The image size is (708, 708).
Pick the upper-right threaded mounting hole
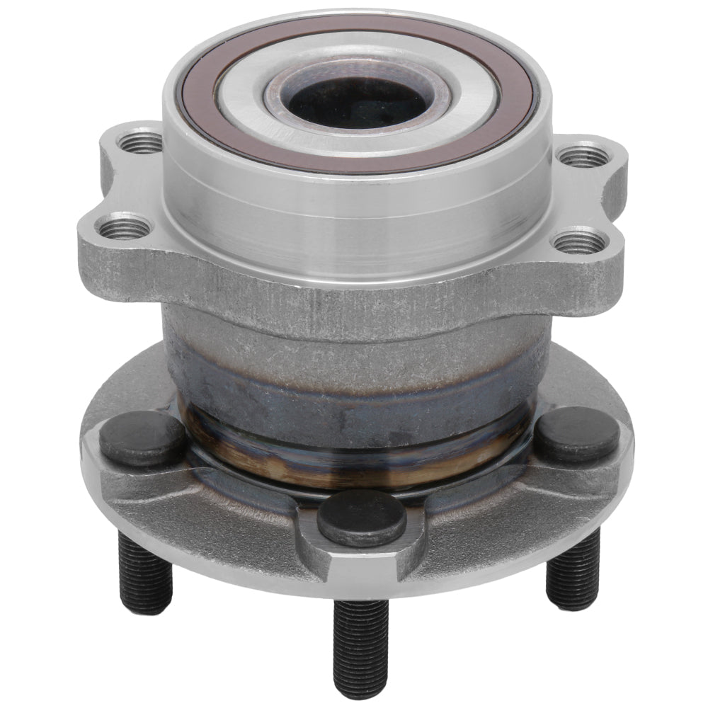(x=582, y=155)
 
